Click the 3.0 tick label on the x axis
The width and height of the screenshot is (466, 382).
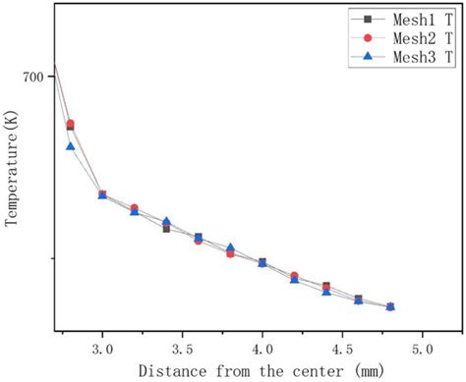pos(102,349)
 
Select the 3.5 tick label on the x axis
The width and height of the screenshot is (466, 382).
pos(182,349)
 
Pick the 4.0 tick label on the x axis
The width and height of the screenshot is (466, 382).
pos(262,349)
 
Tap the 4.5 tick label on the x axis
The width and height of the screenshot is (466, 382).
pos(341,349)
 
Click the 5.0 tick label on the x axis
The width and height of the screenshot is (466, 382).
pos(422,349)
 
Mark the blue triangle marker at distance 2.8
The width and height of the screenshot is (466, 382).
pos(70,146)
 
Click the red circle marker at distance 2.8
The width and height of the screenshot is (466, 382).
pos(70,124)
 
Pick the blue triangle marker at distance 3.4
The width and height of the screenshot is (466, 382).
pos(166,222)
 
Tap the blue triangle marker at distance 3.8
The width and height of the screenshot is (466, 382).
pos(230,248)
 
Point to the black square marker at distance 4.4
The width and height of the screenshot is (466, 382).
pos(326,287)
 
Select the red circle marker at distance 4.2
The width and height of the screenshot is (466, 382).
pos(294,276)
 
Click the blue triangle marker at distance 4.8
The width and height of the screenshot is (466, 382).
pos(390,307)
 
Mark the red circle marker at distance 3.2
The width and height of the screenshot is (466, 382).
pos(134,208)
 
